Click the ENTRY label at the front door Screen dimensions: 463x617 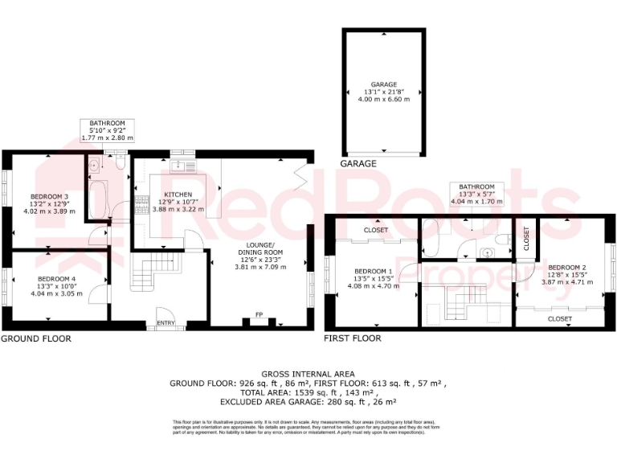[166, 323]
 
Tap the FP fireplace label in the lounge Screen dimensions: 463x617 [259, 314]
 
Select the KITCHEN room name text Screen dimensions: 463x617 [177, 195]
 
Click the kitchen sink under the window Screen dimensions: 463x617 [182, 166]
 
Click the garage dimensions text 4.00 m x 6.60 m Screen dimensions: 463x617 [383, 99]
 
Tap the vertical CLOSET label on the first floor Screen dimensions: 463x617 [526, 239]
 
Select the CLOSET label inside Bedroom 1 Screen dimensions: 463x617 [375, 231]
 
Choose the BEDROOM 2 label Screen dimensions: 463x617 [566, 266]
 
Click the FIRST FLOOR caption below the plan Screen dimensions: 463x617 [352, 338]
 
